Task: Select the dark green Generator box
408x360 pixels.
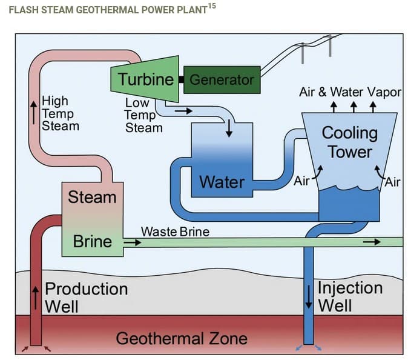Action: click(x=222, y=79)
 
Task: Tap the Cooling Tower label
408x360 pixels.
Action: click(x=349, y=142)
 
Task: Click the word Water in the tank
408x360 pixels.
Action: click(x=222, y=181)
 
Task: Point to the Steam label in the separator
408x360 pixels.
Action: click(x=92, y=197)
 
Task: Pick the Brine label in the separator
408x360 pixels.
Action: click(x=92, y=241)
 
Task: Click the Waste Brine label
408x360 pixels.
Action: click(x=175, y=232)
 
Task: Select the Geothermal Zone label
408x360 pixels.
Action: click(x=182, y=338)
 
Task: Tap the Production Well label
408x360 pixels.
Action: click(x=86, y=296)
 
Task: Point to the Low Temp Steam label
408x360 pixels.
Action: click(x=143, y=115)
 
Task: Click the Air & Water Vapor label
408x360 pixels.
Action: click(x=350, y=92)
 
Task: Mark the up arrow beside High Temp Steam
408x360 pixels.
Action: click(x=34, y=113)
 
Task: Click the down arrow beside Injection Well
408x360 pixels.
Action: click(x=309, y=295)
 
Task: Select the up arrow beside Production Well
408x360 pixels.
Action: click(x=36, y=296)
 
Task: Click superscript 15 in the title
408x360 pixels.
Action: click(x=212, y=6)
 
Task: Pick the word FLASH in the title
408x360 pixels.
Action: click(x=23, y=10)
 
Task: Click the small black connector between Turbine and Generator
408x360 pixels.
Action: click(x=180, y=79)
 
